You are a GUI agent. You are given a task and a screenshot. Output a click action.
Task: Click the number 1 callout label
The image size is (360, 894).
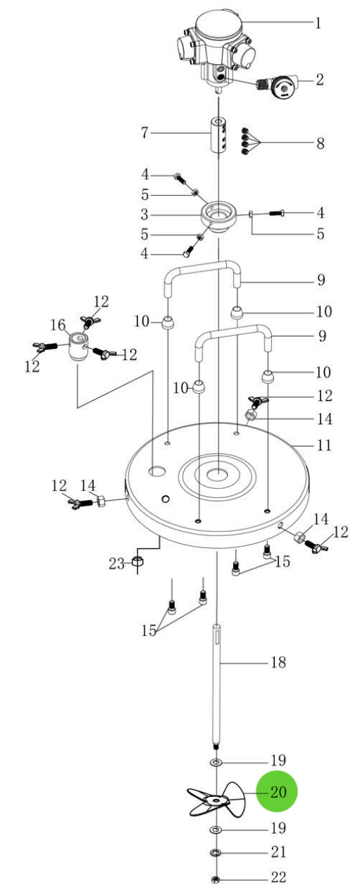click(318, 23)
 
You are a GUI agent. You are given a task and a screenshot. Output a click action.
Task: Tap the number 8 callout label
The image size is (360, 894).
click(320, 144)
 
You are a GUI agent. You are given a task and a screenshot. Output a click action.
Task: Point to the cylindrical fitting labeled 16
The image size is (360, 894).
click(77, 347)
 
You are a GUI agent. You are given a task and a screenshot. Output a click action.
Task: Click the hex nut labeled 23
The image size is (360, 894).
click(139, 563)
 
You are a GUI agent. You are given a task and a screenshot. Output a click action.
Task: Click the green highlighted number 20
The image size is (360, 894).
click(278, 792)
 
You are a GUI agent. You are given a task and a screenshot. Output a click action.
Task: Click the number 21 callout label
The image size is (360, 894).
click(279, 852)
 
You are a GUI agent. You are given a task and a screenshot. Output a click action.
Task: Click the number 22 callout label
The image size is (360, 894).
click(279, 878)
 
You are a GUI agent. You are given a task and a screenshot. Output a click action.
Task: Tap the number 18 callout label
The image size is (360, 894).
click(279, 662)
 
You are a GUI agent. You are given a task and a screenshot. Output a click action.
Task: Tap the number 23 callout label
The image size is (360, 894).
click(117, 563)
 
